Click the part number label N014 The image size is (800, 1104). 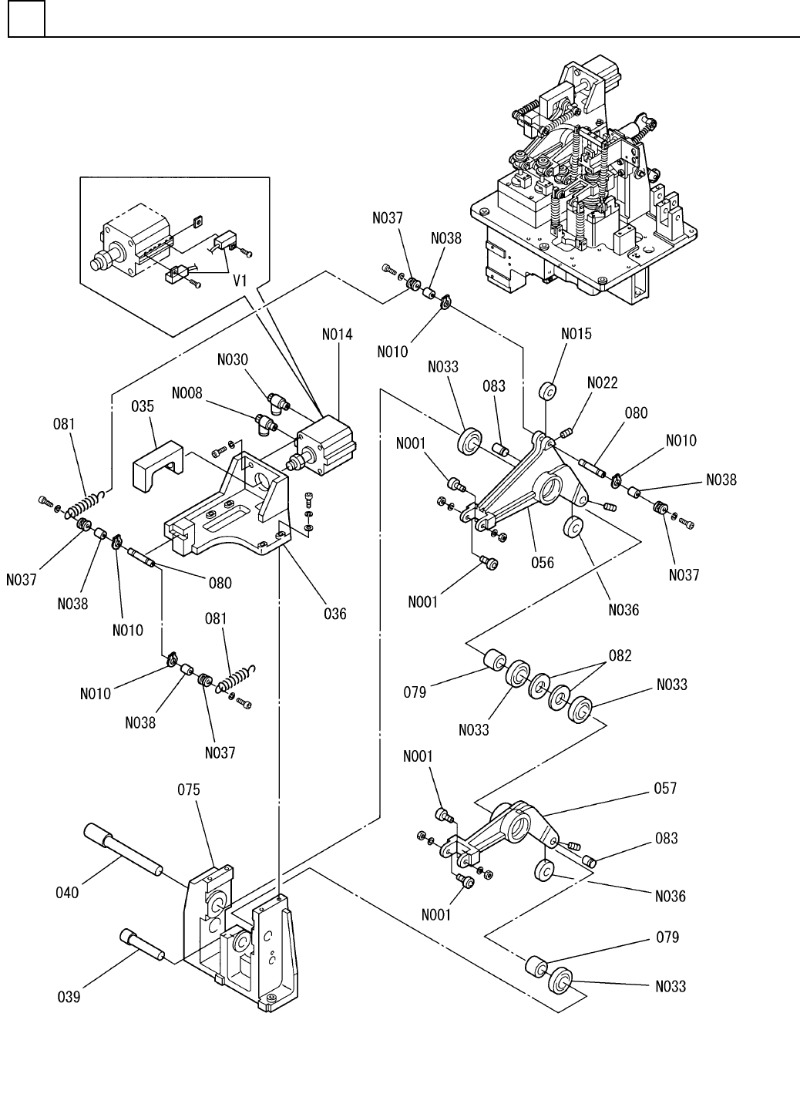point(338,335)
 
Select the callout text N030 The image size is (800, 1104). point(233,359)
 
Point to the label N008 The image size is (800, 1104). point(188,393)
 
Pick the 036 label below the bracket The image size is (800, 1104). point(335,614)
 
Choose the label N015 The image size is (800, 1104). point(576,335)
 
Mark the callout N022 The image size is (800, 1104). point(602,383)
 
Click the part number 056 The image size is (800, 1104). point(543,563)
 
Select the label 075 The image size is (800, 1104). point(188,789)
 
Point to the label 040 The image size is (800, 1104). point(67,894)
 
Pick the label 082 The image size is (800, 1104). point(620,656)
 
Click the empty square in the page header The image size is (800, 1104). point(26,19)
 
